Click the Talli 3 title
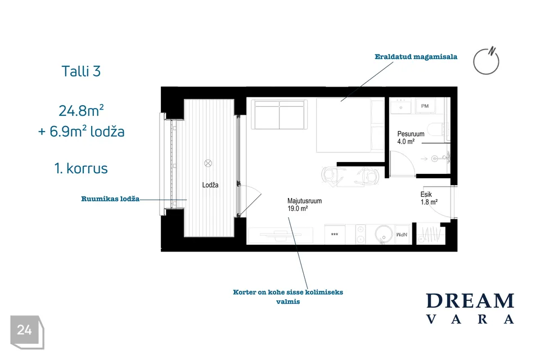click(81, 71)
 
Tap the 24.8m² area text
click(81, 111)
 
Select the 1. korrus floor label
click(81, 168)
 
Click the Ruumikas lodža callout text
click(110, 199)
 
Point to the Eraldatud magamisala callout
click(416, 57)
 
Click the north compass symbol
click(486, 61)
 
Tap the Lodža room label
click(210, 185)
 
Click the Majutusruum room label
click(304, 201)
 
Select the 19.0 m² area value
click(297, 209)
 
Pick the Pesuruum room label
click(411, 134)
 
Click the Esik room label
click(426, 194)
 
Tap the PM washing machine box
click(425, 106)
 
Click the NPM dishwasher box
click(402, 235)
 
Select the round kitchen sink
click(383, 234)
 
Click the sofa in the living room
click(279, 114)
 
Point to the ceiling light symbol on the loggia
click(208, 163)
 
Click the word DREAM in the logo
click(470, 301)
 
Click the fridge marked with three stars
click(335, 234)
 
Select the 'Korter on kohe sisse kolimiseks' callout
click(288, 292)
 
